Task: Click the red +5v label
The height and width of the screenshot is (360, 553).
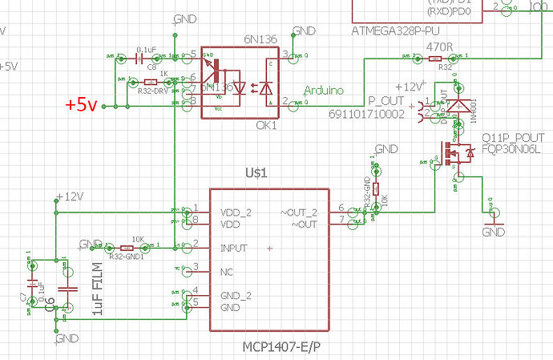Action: click(x=81, y=105)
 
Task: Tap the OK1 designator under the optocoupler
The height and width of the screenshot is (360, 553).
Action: click(x=267, y=126)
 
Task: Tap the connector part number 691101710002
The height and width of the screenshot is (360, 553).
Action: click(x=366, y=115)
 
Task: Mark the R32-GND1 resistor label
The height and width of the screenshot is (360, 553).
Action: click(x=127, y=257)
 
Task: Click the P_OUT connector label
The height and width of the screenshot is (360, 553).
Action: click(x=385, y=103)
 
